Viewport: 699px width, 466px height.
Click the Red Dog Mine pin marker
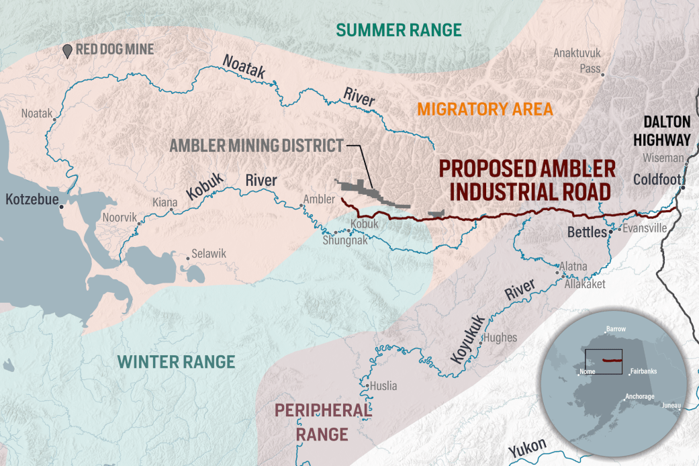pyautogui.click(x=67, y=51)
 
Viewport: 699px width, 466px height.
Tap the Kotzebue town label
pyautogui.click(x=30, y=199)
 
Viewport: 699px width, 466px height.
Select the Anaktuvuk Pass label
pyautogui.click(x=577, y=60)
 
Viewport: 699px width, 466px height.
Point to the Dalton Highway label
pyautogui.click(x=666, y=130)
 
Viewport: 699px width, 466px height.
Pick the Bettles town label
pyautogui.click(x=587, y=234)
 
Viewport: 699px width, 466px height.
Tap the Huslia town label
pyautogui.click(x=383, y=386)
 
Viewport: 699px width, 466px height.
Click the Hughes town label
pyautogui.click(x=500, y=338)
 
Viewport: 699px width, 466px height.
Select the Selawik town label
pyautogui.click(x=209, y=254)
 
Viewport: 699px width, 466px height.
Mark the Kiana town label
pyautogui.click(x=165, y=201)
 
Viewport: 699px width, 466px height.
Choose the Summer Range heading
pyautogui.click(x=399, y=30)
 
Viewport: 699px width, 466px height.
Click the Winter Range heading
pyautogui.click(x=177, y=361)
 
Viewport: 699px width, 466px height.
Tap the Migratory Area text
pyautogui.click(x=485, y=109)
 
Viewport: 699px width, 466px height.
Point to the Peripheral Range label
pyautogui.click(x=322, y=422)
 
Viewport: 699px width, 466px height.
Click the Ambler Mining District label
pyautogui.click(x=256, y=146)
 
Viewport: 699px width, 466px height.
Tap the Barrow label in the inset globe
pyautogui.click(x=615, y=330)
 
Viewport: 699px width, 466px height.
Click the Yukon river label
pyautogui.click(x=527, y=450)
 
